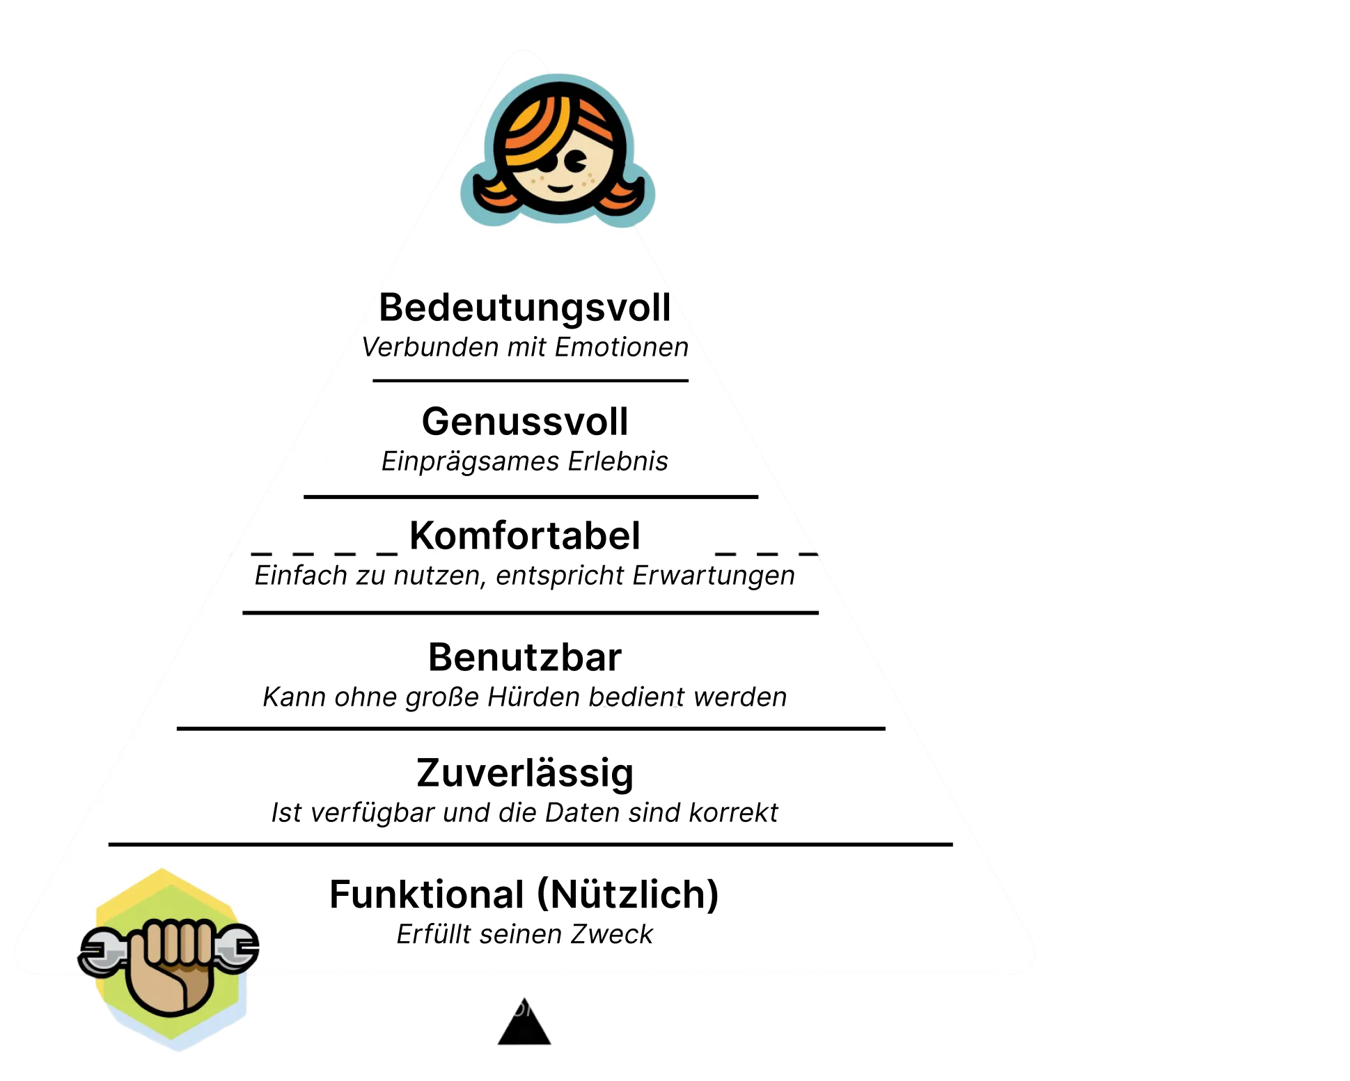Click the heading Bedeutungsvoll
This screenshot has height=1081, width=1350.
[525, 308]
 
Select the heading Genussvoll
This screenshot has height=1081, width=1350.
[525, 422]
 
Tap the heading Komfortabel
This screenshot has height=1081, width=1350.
[524, 536]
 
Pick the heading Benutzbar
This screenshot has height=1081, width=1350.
[524, 658]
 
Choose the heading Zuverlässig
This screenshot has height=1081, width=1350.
[525, 773]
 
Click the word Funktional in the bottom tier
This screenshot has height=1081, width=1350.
[426, 894]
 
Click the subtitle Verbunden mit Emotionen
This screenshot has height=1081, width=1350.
[525, 347]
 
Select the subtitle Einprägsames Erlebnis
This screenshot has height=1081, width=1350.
[524, 461]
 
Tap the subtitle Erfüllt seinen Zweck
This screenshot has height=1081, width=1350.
[524, 934]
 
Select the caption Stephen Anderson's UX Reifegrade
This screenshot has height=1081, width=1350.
[526, 1007]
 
